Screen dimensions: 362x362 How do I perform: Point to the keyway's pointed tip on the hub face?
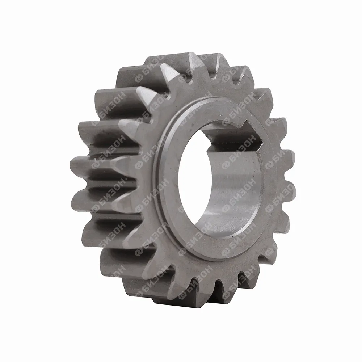click(x=263, y=141)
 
